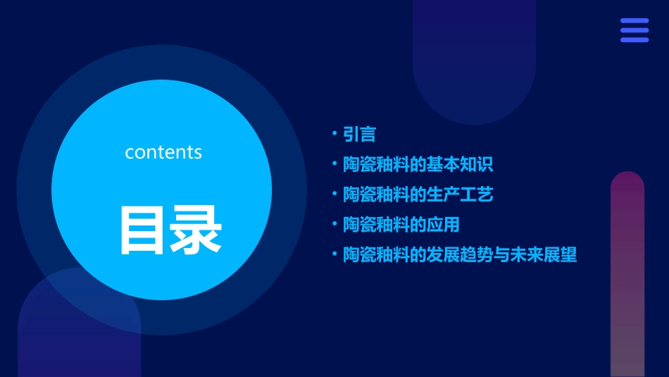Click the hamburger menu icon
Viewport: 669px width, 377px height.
[634, 30]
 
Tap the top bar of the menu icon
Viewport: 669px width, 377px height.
[634, 21]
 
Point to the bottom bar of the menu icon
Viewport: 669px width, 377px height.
[634, 39]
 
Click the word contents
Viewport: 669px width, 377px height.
[163, 152]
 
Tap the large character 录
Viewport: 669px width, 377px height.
[196, 230]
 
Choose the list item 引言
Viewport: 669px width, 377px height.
[359, 134]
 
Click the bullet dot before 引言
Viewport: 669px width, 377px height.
[334, 133]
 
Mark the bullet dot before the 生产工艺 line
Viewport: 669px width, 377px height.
[334, 194]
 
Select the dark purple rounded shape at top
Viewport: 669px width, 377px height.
[474, 56]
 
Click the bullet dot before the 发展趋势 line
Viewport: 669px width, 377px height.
[334, 254]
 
